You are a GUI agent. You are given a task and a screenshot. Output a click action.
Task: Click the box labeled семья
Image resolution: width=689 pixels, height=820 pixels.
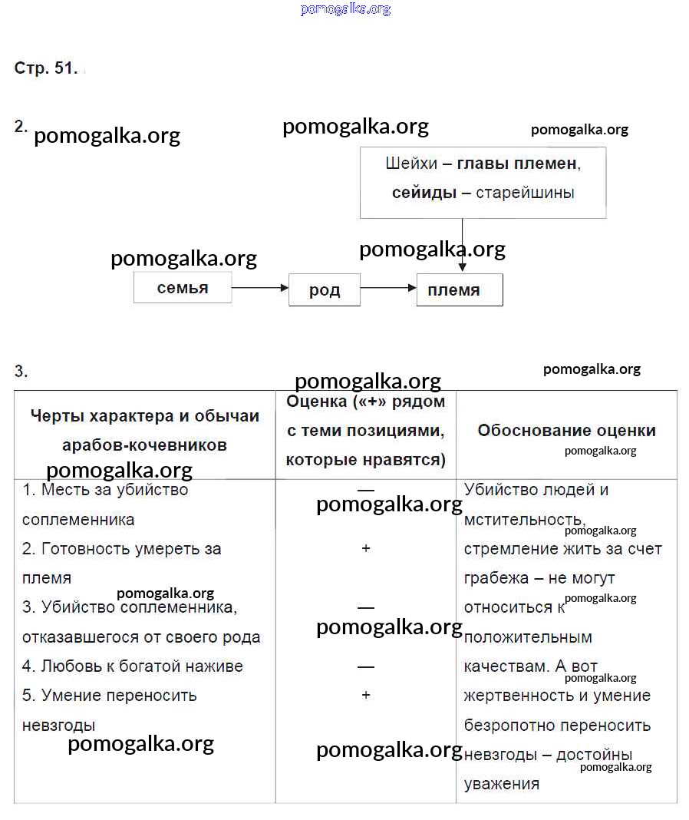183,288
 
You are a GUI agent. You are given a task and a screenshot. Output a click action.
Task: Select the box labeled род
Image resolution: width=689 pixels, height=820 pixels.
324,291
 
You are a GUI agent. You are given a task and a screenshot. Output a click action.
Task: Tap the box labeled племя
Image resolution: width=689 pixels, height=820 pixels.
459,290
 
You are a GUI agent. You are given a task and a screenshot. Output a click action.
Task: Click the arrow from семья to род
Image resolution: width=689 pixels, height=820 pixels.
259,288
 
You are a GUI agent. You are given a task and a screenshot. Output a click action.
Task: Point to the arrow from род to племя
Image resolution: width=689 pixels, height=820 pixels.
387,288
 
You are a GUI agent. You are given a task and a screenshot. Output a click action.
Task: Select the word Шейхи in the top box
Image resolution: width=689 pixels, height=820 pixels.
411,164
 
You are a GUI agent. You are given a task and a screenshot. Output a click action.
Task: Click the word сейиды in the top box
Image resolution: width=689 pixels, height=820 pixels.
424,193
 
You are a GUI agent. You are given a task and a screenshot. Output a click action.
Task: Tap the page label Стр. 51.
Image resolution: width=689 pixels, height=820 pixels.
46,68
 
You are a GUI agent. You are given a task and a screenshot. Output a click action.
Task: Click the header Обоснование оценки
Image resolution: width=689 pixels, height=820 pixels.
566,431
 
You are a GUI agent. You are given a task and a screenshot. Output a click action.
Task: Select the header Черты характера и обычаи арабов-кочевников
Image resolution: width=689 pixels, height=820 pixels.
144,430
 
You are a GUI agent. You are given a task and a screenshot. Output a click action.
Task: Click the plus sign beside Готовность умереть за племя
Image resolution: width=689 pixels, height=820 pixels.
366,549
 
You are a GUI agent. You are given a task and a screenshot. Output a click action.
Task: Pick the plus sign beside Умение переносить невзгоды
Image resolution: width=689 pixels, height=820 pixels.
366,695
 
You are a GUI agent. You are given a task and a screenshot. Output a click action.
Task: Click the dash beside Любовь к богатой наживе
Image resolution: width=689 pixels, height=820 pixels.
366,666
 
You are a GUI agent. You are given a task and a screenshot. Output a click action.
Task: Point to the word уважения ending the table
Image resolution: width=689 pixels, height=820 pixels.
502,784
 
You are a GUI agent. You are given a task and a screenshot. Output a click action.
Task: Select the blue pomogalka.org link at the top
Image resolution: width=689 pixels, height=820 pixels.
345,9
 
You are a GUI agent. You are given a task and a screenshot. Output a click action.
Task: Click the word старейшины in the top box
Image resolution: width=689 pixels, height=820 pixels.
525,193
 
